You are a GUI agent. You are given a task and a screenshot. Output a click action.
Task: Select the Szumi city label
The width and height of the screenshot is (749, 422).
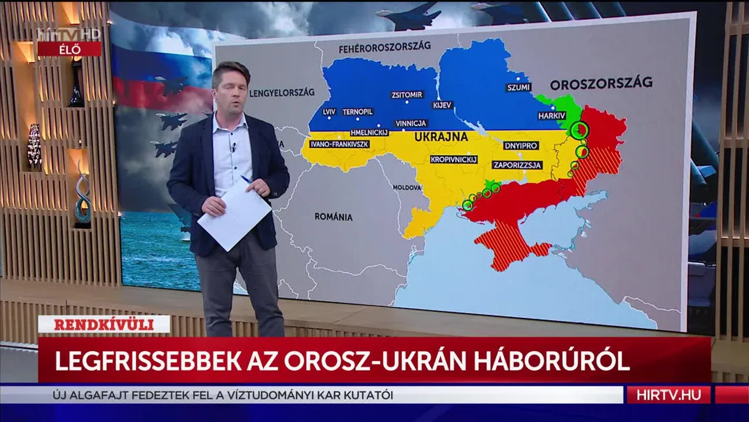pos(519,87)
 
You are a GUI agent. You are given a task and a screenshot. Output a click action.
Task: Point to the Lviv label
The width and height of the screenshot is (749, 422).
pos(329,112)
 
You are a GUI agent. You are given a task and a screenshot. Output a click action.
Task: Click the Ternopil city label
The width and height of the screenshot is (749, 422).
pos(357,112)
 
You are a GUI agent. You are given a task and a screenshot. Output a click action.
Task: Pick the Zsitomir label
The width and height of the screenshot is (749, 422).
pos(407,95)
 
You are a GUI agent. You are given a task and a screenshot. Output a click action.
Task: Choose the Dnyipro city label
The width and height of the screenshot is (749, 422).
pos(520,146)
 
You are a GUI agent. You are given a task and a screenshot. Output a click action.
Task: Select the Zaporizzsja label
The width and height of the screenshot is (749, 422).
pos(518,165)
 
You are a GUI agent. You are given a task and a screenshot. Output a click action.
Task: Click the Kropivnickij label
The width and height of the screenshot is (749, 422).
pos(454,159)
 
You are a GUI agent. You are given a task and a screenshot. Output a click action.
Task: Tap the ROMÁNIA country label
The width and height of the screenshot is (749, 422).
pos(333,217)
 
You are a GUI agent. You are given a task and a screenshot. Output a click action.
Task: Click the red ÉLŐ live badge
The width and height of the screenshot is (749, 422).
pos(70,49)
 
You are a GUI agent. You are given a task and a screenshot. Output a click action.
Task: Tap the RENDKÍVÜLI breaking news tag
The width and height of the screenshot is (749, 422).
pos(104,325)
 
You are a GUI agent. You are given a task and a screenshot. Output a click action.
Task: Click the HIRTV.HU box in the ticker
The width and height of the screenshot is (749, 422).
pos(668,395)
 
